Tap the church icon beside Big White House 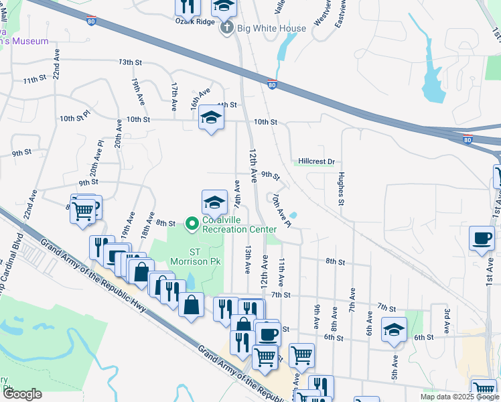[227, 28]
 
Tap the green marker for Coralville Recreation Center [192, 223]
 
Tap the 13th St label [131, 62]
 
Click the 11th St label [33, 80]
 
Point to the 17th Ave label [173, 97]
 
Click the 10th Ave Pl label [281, 210]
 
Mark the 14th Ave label [236, 193]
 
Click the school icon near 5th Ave [394, 329]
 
